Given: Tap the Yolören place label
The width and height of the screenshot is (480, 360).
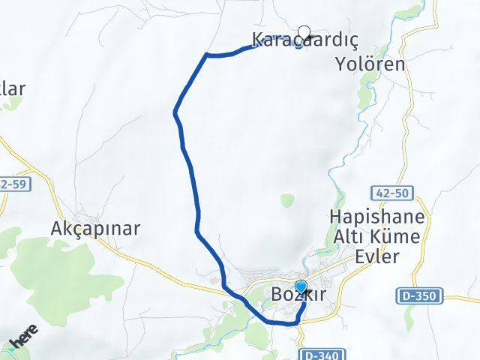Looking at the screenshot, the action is pos(370,64).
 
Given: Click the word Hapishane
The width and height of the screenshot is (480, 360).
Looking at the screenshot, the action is pos(376,218).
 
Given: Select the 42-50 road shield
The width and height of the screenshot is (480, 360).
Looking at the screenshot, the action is pos(391,193).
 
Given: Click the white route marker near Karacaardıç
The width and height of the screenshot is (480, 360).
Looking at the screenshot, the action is pos(304,32).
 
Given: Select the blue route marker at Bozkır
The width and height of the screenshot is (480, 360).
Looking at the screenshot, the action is pos(301,287).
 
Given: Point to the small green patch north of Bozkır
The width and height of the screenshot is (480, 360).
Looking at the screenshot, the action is pos(288,199).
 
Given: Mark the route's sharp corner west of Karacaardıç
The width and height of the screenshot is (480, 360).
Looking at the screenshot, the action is pos(207,54).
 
